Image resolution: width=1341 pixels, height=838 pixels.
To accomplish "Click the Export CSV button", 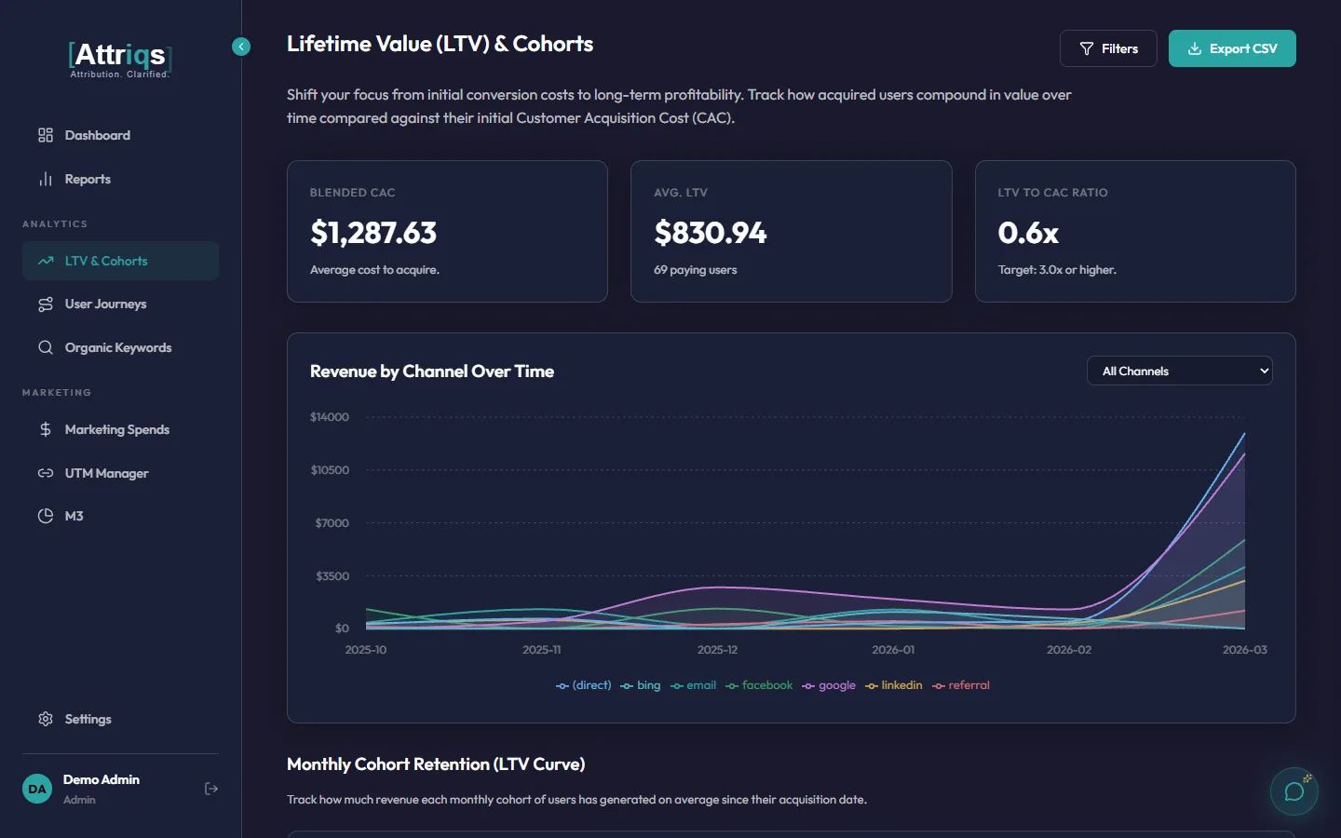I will (x=1232, y=48).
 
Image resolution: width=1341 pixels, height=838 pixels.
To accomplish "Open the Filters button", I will (x=1108, y=48).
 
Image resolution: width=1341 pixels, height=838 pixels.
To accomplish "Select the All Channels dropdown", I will (x=1179, y=371).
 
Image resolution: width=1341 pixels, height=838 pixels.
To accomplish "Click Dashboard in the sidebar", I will (x=97, y=135).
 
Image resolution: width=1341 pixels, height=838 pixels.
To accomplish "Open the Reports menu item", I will (x=88, y=179).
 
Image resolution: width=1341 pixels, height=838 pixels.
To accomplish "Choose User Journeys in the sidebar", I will (x=105, y=304).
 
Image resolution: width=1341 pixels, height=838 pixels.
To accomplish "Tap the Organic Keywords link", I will (x=117, y=347).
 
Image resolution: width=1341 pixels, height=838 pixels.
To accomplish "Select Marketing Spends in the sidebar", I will (x=116, y=429).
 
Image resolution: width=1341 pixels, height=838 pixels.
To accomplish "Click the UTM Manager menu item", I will (x=106, y=473).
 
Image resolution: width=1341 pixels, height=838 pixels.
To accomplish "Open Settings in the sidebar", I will (x=88, y=719).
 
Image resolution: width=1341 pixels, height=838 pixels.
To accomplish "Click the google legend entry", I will (x=829, y=685).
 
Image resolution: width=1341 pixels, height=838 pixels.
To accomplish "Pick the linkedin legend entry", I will (x=894, y=685).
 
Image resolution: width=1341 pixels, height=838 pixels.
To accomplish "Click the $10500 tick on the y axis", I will (x=330, y=470).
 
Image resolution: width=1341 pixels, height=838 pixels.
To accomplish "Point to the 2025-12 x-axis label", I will (x=717, y=650).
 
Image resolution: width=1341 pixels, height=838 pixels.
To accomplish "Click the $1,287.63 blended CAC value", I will (x=373, y=233).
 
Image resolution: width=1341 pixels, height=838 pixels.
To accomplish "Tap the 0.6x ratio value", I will (x=1028, y=233).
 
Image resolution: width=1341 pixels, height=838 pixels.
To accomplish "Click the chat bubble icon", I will (x=1294, y=791).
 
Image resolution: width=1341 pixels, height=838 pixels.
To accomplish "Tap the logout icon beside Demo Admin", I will (x=211, y=789).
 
